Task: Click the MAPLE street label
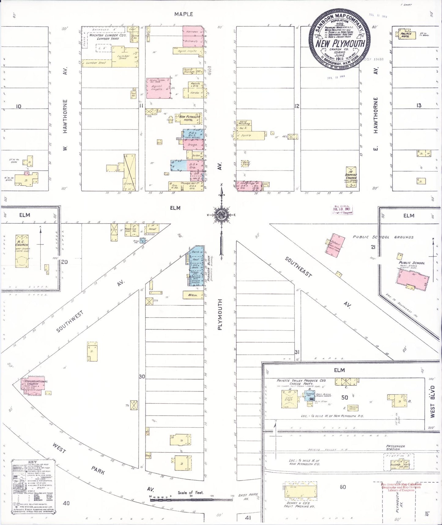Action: pyautogui.click(x=184, y=14)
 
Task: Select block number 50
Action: pyautogui.click(x=345, y=397)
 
